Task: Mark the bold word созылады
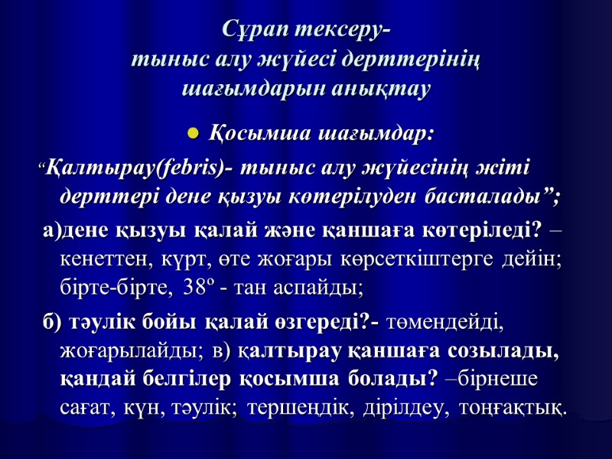pyautogui.click(x=507, y=351)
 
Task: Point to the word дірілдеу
pyautogui.click(x=398, y=408)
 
